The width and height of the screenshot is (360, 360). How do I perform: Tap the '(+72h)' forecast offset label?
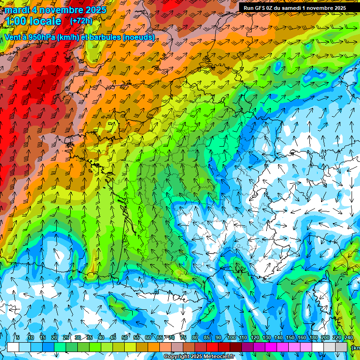pyautogui.click(x=81, y=21)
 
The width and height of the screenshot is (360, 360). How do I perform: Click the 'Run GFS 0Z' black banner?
pyautogui.click(x=294, y=7)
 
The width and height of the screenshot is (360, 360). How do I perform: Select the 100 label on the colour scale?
pyautogui.click(x=232, y=337)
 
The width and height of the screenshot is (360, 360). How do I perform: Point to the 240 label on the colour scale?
pyautogui.click(x=349, y=337)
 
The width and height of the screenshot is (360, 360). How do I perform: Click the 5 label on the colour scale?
pyautogui.click(x=17, y=337)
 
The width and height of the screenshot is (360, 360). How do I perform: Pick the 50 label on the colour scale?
pyautogui.click(x=125, y=337)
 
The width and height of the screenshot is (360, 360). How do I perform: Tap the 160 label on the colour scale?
pyautogui.click(x=302, y=337)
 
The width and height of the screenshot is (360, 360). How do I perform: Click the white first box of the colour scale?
pyautogui.click(x=13, y=347)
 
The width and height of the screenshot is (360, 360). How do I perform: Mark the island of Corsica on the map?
pyautogui.click(x=322, y=293)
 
